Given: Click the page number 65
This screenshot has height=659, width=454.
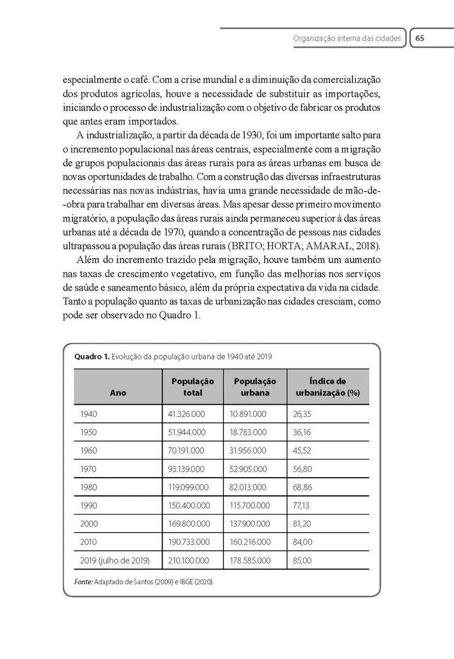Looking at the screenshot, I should click(x=420, y=38).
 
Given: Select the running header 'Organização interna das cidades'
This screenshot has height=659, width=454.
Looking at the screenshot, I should click(x=347, y=39).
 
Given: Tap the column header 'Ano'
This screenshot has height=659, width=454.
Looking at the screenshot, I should click(x=118, y=393).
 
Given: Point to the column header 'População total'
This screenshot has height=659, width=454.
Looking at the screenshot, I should click(x=193, y=387).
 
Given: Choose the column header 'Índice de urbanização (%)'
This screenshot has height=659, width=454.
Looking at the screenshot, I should click(x=327, y=387).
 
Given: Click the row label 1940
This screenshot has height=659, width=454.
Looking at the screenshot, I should click(x=88, y=414).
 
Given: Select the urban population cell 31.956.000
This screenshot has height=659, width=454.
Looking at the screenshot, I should click(x=248, y=450).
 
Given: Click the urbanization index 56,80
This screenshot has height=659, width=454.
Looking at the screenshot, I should click(x=302, y=469).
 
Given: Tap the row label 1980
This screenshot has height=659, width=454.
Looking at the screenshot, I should click(x=88, y=487).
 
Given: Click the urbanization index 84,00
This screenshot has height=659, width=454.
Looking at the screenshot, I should click(x=302, y=542).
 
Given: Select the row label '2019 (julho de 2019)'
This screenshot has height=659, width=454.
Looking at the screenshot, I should click(x=114, y=561).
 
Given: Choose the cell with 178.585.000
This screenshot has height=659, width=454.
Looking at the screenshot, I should click(x=250, y=561).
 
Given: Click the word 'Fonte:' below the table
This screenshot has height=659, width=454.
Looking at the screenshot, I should click(x=83, y=581).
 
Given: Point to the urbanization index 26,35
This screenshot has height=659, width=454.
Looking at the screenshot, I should click(x=302, y=414).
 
